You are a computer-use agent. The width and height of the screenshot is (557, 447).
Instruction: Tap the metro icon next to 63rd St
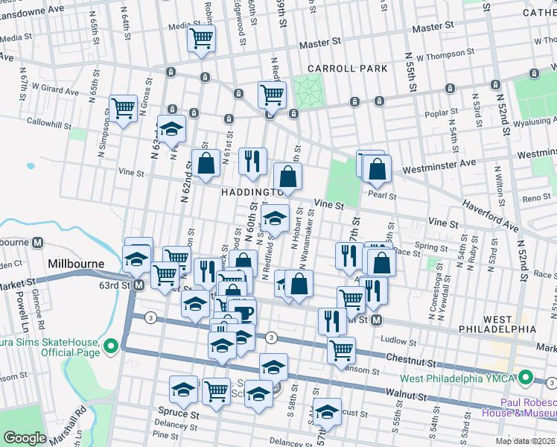tap(138, 285)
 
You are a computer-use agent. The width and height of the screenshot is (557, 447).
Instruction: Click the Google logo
tap(25, 437)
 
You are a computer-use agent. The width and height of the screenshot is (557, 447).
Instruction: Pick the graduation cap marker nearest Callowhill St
tap(171, 129)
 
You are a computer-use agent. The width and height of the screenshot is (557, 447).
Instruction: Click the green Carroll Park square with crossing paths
tap(305, 92)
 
